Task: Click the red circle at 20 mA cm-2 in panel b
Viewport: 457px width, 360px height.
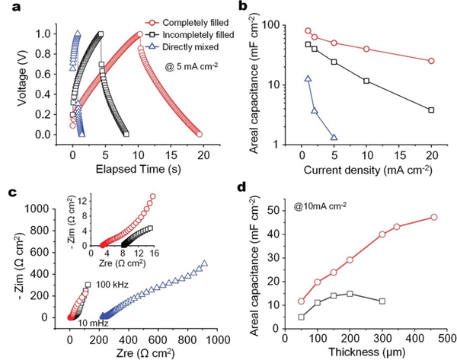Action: tap(431, 61)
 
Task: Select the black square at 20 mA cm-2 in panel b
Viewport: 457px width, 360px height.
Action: tap(431, 110)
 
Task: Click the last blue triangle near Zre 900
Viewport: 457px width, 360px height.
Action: tap(204, 263)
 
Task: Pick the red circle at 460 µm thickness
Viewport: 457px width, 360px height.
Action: tap(434, 217)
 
